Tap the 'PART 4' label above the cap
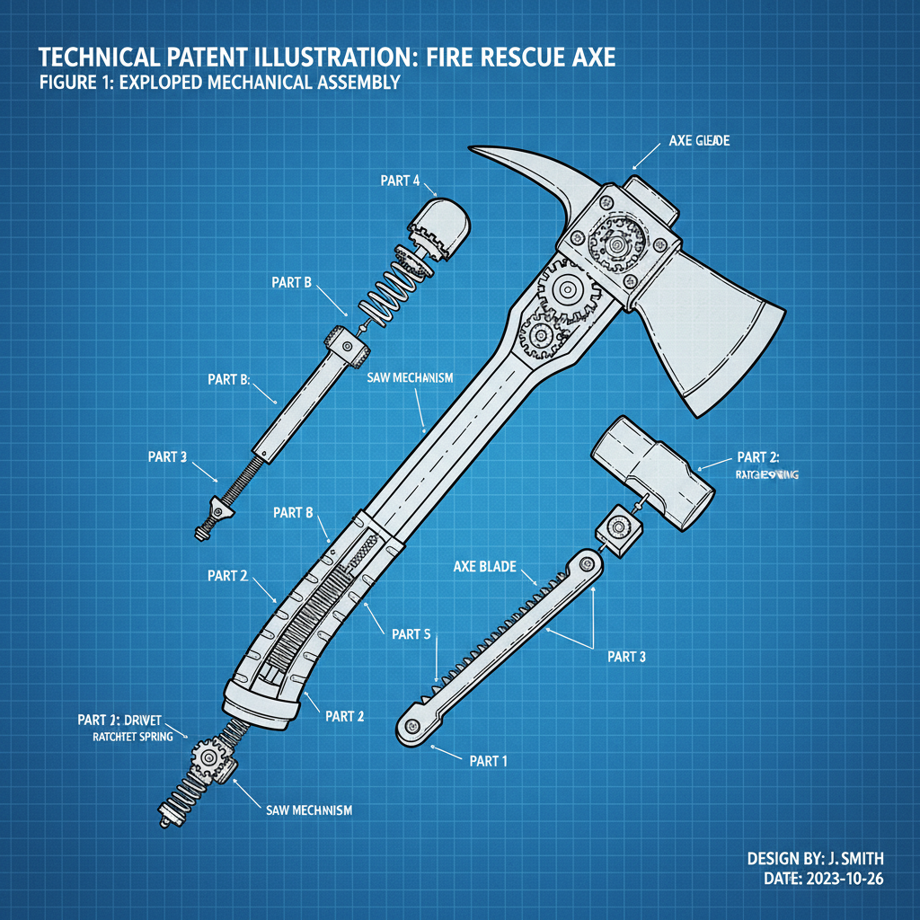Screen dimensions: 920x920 point(400,181)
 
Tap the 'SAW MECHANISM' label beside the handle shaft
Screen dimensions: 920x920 point(410,378)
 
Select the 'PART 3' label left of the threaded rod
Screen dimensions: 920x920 point(167,456)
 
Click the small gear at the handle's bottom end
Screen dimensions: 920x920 point(209,757)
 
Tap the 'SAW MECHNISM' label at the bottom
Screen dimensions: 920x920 point(309,809)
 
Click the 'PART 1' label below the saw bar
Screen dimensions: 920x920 point(489,761)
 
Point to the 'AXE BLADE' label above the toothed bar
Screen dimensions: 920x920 point(484,567)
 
